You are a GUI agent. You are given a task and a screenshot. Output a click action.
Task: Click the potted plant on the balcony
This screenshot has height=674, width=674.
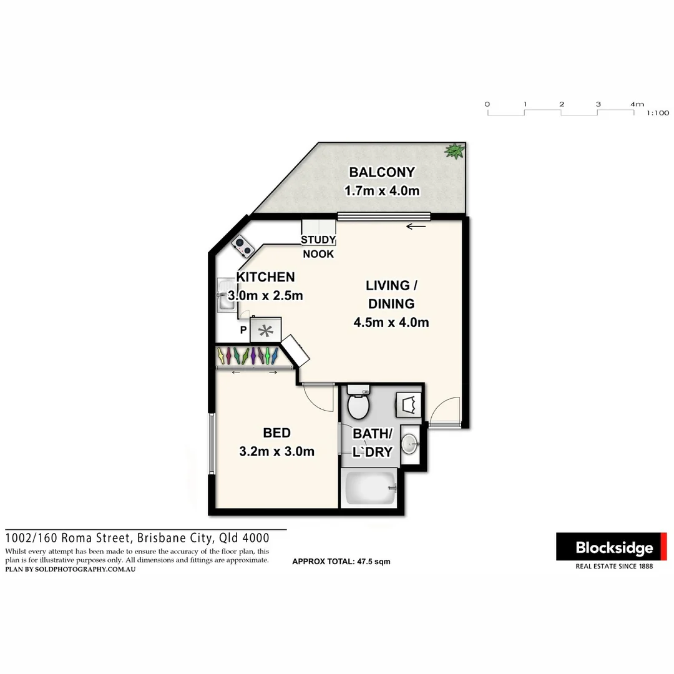[x=455, y=150]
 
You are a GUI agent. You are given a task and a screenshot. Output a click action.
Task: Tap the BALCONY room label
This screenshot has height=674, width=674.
[x=381, y=172]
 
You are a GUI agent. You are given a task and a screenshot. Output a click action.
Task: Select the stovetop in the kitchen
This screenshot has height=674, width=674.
[x=242, y=246]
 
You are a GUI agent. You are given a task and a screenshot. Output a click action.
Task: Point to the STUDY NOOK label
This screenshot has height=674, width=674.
[x=318, y=247]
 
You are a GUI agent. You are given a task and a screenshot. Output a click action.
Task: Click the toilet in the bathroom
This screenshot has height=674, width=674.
[x=359, y=404]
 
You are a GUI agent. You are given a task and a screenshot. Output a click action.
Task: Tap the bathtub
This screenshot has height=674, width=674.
[x=369, y=488]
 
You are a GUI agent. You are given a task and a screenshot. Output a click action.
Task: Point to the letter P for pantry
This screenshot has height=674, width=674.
[x=243, y=330]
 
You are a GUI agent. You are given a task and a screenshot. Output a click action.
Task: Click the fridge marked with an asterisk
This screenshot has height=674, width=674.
[x=266, y=330]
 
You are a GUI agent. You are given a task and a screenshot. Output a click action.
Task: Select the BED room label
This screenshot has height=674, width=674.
[x=276, y=432]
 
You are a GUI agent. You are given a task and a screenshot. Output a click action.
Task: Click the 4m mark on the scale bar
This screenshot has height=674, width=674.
[x=636, y=104]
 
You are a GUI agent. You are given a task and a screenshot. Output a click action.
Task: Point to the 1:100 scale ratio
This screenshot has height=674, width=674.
[x=658, y=113]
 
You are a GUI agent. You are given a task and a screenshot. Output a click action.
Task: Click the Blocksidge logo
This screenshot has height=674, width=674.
[x=612, y=547]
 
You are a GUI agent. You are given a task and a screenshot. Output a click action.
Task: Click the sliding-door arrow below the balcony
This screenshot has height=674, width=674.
[x=416, y=226]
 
